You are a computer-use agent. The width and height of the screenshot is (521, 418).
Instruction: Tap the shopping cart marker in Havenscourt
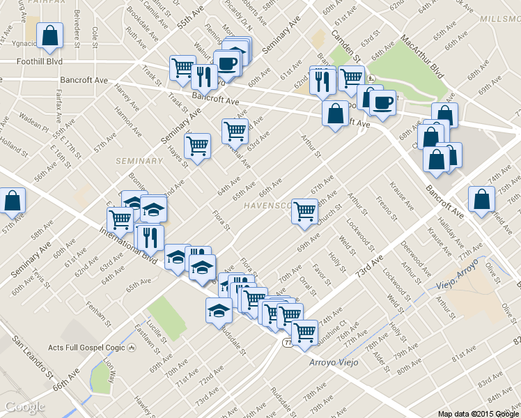click(x=305, y=210)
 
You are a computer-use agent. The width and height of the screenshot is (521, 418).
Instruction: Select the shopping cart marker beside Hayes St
click(x=198, y=146)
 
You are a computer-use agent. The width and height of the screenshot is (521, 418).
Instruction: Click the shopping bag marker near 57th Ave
click(x=13, y=201)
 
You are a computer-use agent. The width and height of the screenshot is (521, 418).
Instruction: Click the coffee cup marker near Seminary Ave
click(x=227, y=63)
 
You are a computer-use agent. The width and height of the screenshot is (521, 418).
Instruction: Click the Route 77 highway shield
click(x=288, y=343)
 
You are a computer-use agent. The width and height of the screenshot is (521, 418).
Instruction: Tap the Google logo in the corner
click(x=25, y=407)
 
